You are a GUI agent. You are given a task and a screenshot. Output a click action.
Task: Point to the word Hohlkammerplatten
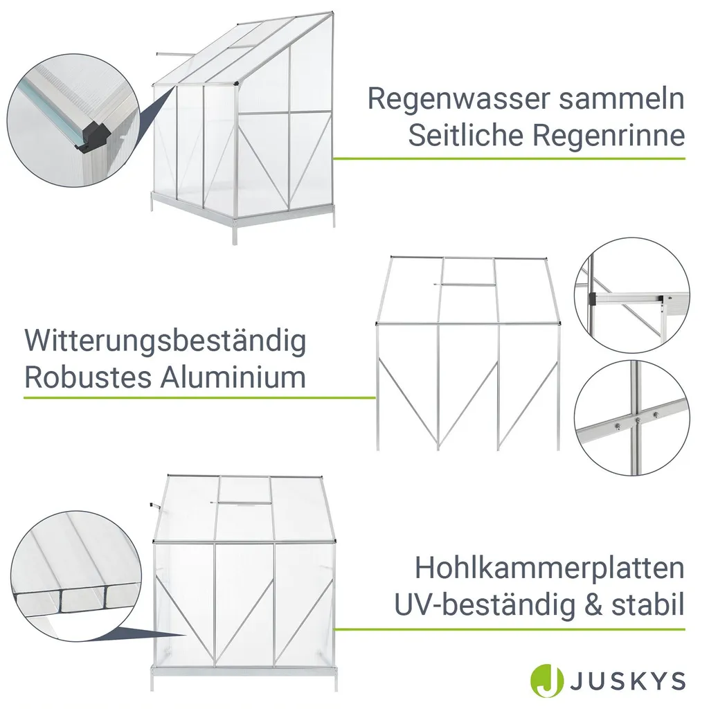coord(549,568)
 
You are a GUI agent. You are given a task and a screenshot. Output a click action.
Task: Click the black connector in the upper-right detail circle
coord(593,298)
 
